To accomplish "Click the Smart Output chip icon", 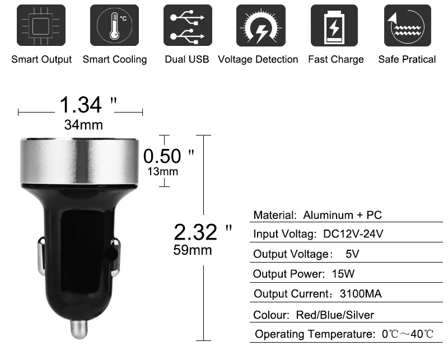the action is tap(41, 25).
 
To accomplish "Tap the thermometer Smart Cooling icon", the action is tap(114, 25).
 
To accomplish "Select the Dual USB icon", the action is tap(188, 25).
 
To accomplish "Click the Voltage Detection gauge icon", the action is tap(261, 25).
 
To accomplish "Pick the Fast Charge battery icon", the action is tap(334, 25).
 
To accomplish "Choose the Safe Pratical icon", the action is tap(408, 25).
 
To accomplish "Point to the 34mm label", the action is tap(83, 125).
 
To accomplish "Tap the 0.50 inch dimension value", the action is tap(169, 156).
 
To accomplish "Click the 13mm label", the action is tap(162, 171).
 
